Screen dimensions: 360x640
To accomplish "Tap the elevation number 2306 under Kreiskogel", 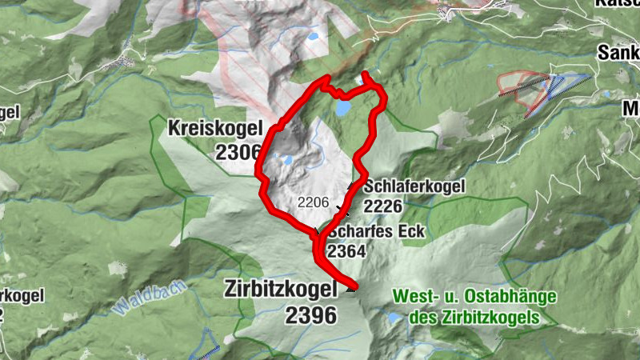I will point(238,152).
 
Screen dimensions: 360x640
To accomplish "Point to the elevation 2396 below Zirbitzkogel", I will point(310,315).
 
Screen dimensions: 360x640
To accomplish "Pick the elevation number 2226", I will point(382,206).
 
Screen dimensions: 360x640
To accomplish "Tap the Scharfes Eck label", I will point(376,232).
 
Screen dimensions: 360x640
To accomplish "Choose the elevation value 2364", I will point(346,251).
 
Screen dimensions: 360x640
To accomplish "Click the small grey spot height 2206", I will point(313,202).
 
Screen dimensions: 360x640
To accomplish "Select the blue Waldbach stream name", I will point(149,296).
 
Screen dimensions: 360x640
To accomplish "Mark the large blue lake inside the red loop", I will point(343,106).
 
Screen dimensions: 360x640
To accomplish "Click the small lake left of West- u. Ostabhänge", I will point(394,318).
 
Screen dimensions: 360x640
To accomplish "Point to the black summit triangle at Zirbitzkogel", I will point(350,289).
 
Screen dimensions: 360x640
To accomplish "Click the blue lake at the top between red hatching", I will point(311,38).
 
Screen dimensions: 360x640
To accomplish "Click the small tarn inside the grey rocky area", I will point(286,159).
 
